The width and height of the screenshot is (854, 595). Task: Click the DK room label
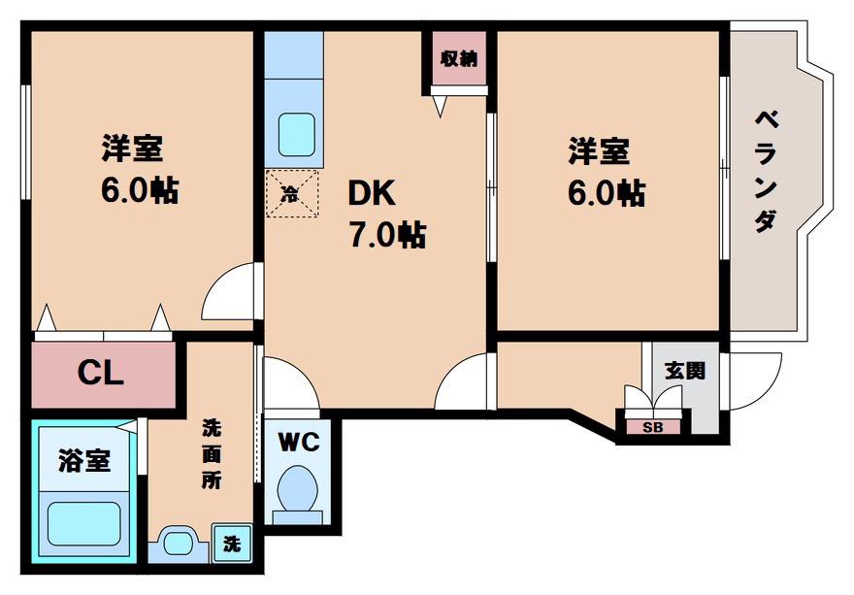pos(372,192)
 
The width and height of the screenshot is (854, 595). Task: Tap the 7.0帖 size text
pos(388,234)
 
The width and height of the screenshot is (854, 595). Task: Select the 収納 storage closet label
pos(459,58)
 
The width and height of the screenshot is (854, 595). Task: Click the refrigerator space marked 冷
pos(292,193)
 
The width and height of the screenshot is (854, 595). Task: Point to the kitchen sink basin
pos(296,135)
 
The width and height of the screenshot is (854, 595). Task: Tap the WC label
pos(299,442)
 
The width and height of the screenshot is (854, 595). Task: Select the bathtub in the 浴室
pos(83,523)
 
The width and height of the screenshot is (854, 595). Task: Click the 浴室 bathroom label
pos(84,461)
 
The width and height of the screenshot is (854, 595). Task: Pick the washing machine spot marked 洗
pos(232,543)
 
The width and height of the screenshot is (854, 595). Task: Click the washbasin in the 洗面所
pos(179,542)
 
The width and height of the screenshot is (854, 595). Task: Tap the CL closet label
pos(101,374)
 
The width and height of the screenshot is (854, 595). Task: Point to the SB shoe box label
pos(652,428)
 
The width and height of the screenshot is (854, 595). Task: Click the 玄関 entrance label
pos(685,371)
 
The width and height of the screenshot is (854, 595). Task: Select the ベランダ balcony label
pos(767,171)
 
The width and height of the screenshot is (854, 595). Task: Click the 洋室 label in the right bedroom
pos(599,150)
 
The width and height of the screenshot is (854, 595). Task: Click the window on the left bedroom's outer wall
pos(25,143)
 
